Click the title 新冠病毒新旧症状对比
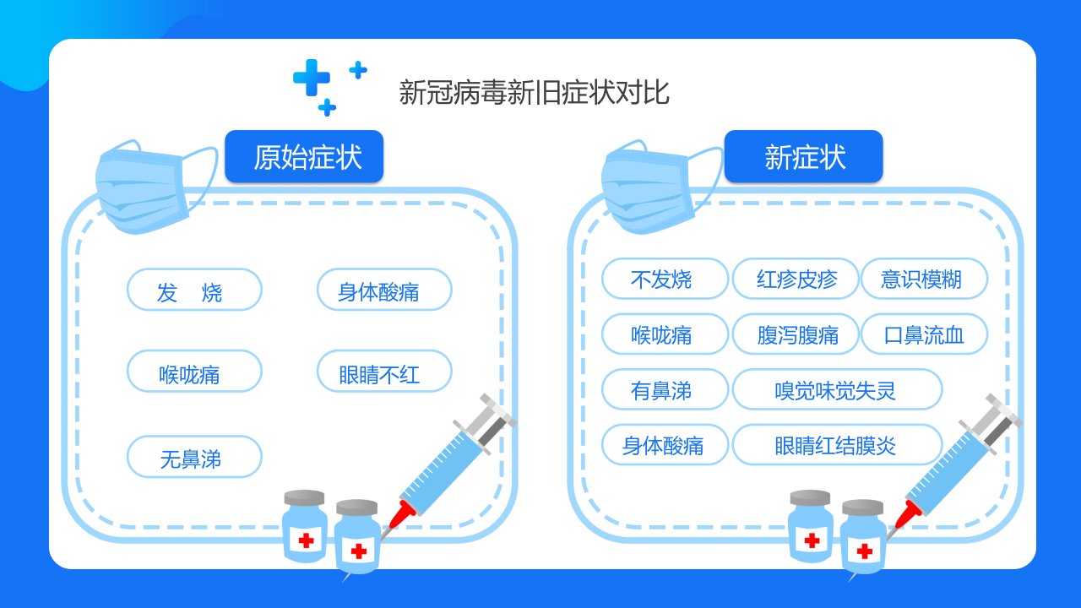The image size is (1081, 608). (x=534, y=92)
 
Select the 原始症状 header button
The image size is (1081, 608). (x=304, y=156)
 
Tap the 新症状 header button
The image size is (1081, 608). (x=803, y=156)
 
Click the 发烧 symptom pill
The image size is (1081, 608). (x=194, y=290)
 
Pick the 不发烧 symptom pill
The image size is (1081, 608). (x=665, y=279)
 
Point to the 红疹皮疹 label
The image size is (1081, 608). (x=796, y=279)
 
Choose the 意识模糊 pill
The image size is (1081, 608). (x=924, y=279)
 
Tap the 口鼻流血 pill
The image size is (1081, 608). (x=924, y=334)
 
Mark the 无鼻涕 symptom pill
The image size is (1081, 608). (x=194, y=457)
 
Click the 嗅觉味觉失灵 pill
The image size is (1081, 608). (x=837, y=389)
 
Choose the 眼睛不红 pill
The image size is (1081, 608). (x=384, y=371)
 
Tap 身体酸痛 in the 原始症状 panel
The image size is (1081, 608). (x=384, y=290)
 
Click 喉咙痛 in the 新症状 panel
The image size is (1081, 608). (x=665, y=334)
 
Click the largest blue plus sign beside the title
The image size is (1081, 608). (x=312, y=77)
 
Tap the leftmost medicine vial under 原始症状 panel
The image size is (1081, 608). (x=305, y=526)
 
